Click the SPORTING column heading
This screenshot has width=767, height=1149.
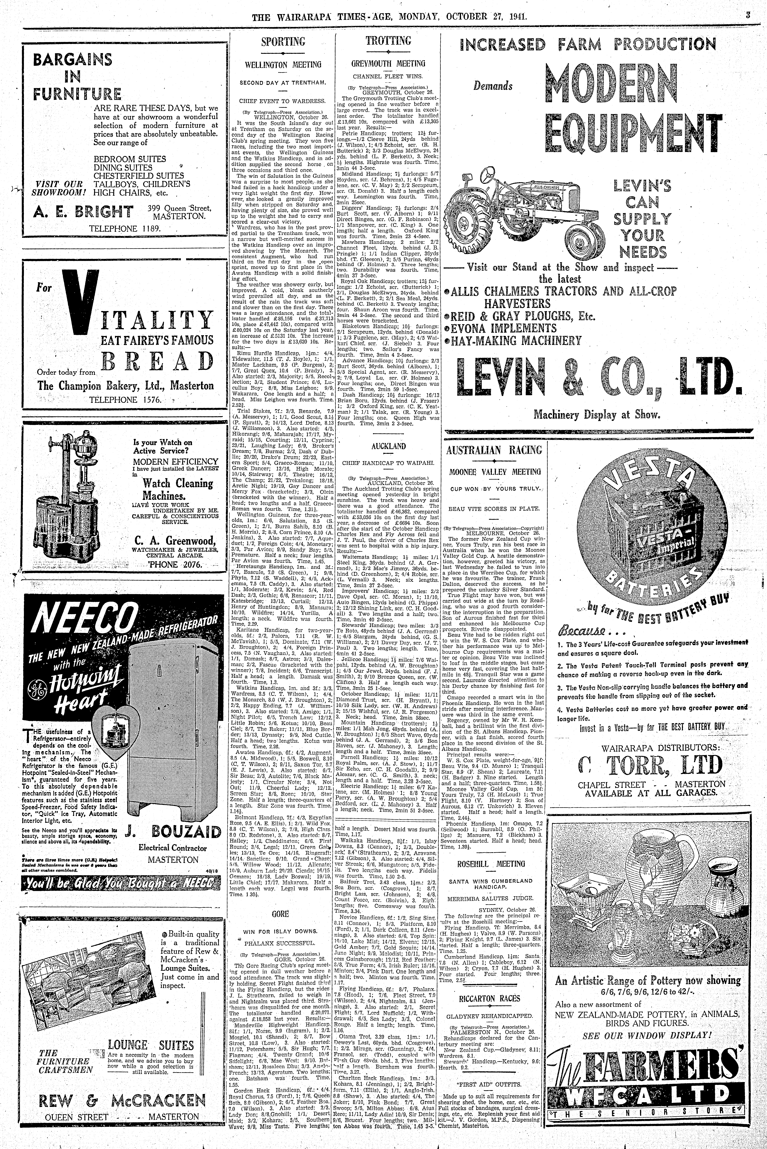[x=283, y=41]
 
